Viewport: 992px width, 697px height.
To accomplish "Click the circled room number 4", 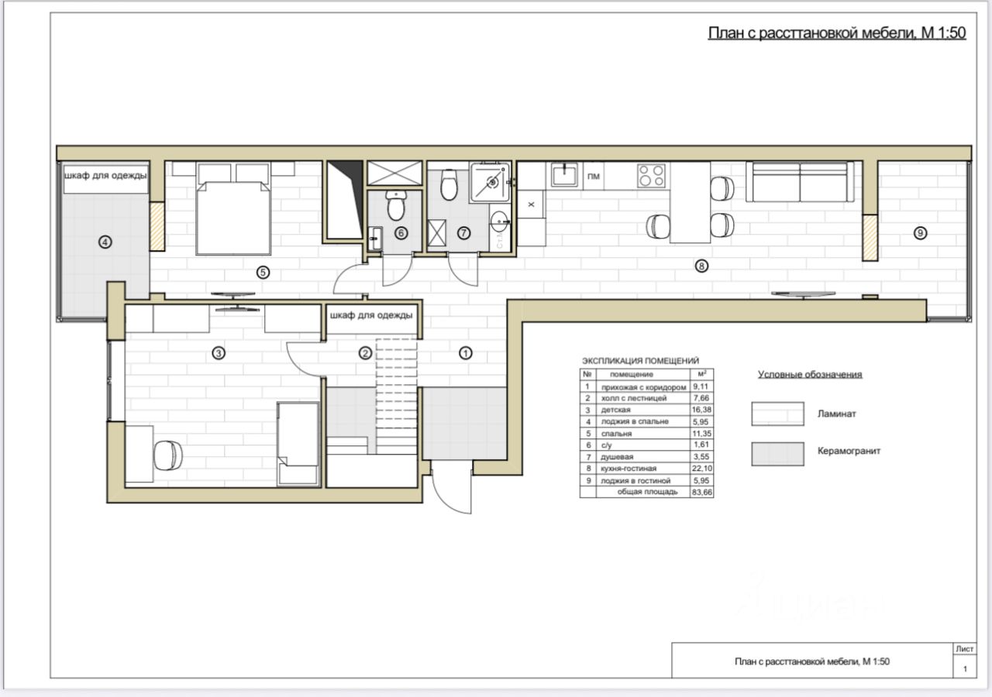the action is [105, 242].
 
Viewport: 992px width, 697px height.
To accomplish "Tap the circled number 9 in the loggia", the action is [920, 233].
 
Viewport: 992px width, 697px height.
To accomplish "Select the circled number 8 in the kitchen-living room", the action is [701, 266].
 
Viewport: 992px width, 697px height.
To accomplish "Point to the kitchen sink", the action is [564, 175].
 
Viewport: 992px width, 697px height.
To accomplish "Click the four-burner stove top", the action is [651, 176].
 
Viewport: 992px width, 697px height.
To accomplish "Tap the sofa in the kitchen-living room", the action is [800, 182].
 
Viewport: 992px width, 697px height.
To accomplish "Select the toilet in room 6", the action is [395, 205].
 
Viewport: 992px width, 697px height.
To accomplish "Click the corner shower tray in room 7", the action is [490, 182].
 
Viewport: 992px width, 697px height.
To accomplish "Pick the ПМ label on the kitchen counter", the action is [594, 177].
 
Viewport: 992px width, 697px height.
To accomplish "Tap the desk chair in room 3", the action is [168, 455].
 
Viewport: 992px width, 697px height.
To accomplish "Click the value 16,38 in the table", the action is [701, 410].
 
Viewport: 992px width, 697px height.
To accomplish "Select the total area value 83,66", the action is [701, 492].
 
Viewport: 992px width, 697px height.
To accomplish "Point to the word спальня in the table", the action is [616, 433].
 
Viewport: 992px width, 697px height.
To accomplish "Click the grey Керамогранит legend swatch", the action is [777, 454].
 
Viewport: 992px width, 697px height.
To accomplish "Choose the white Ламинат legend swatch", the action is [777, 414].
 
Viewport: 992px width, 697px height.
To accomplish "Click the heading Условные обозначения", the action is [810, 374].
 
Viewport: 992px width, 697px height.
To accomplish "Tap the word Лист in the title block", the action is [965, 649].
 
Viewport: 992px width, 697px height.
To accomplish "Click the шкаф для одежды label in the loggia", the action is [105, 175].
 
